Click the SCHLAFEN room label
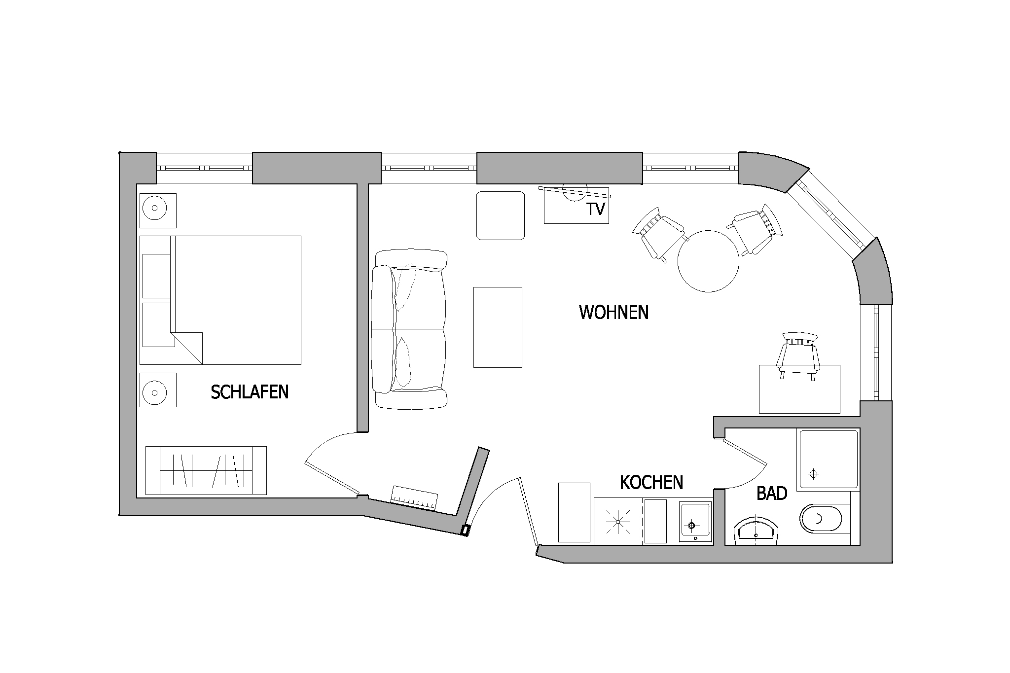pos(250,392)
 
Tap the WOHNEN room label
pos(613,313)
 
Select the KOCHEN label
pos(651,483)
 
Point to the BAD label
pos(772,494)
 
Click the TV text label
pos(596,210)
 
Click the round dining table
pos(708,261)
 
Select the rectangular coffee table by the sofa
pos(498,327)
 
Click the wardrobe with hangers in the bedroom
pos(206,470)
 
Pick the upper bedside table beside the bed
pos(158,211)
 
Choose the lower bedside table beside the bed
pos(158,390)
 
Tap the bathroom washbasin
pos(755,530)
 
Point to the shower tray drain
pos(813,474)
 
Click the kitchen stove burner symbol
pos(618,521)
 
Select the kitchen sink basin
pos(695,520)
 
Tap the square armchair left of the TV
pos(501,215)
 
